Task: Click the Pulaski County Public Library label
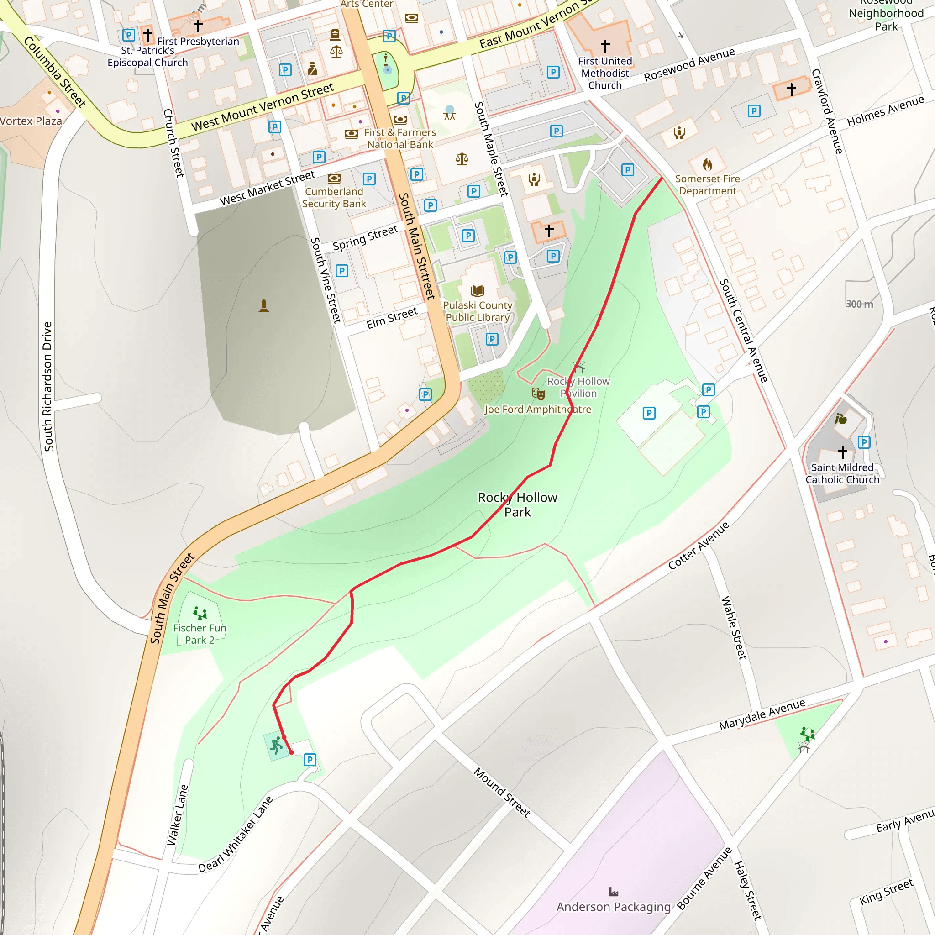[477, 311]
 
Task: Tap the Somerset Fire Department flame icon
[707, 164]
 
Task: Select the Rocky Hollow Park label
[517, 504]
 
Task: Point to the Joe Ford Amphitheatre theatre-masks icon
[538, 394]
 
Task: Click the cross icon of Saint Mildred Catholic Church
[843, 452]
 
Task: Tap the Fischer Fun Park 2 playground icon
[200, 614]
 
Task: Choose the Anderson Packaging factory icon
[614, 892]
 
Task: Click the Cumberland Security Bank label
[334, 197]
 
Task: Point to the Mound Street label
[502, 792]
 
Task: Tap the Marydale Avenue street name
[762, 714]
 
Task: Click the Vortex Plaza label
[31, 121]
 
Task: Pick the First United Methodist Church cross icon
[605, 46]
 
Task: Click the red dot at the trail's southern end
[291, 752]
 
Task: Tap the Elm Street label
[392, 318]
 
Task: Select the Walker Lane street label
[177, 814]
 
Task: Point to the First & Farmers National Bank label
[400, 138]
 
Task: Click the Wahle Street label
[734, 628]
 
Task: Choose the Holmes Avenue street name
[885, 111]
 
